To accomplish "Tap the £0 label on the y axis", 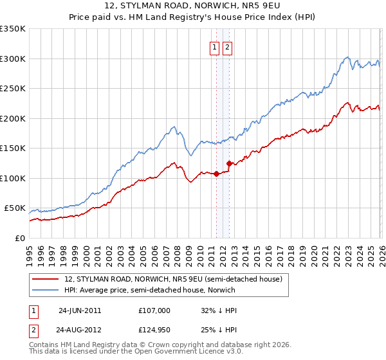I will (x=19, y=238).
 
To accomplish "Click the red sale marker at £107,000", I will (x=216, y=174).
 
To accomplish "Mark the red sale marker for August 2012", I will (x=230, y=163).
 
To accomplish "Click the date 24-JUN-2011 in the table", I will (x=80, y=310).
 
